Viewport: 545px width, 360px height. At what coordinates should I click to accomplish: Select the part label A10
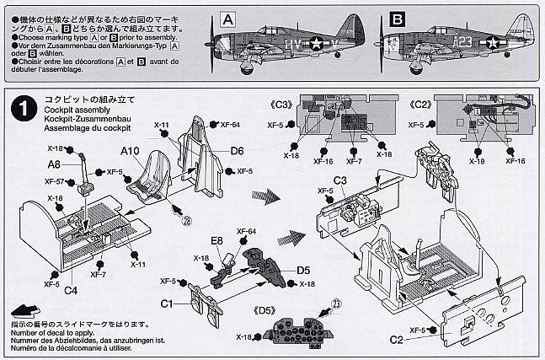coord(129,151)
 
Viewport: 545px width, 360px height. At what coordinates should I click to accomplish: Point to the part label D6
coord(237,151)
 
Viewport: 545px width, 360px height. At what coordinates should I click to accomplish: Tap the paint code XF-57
coord(55,181)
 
